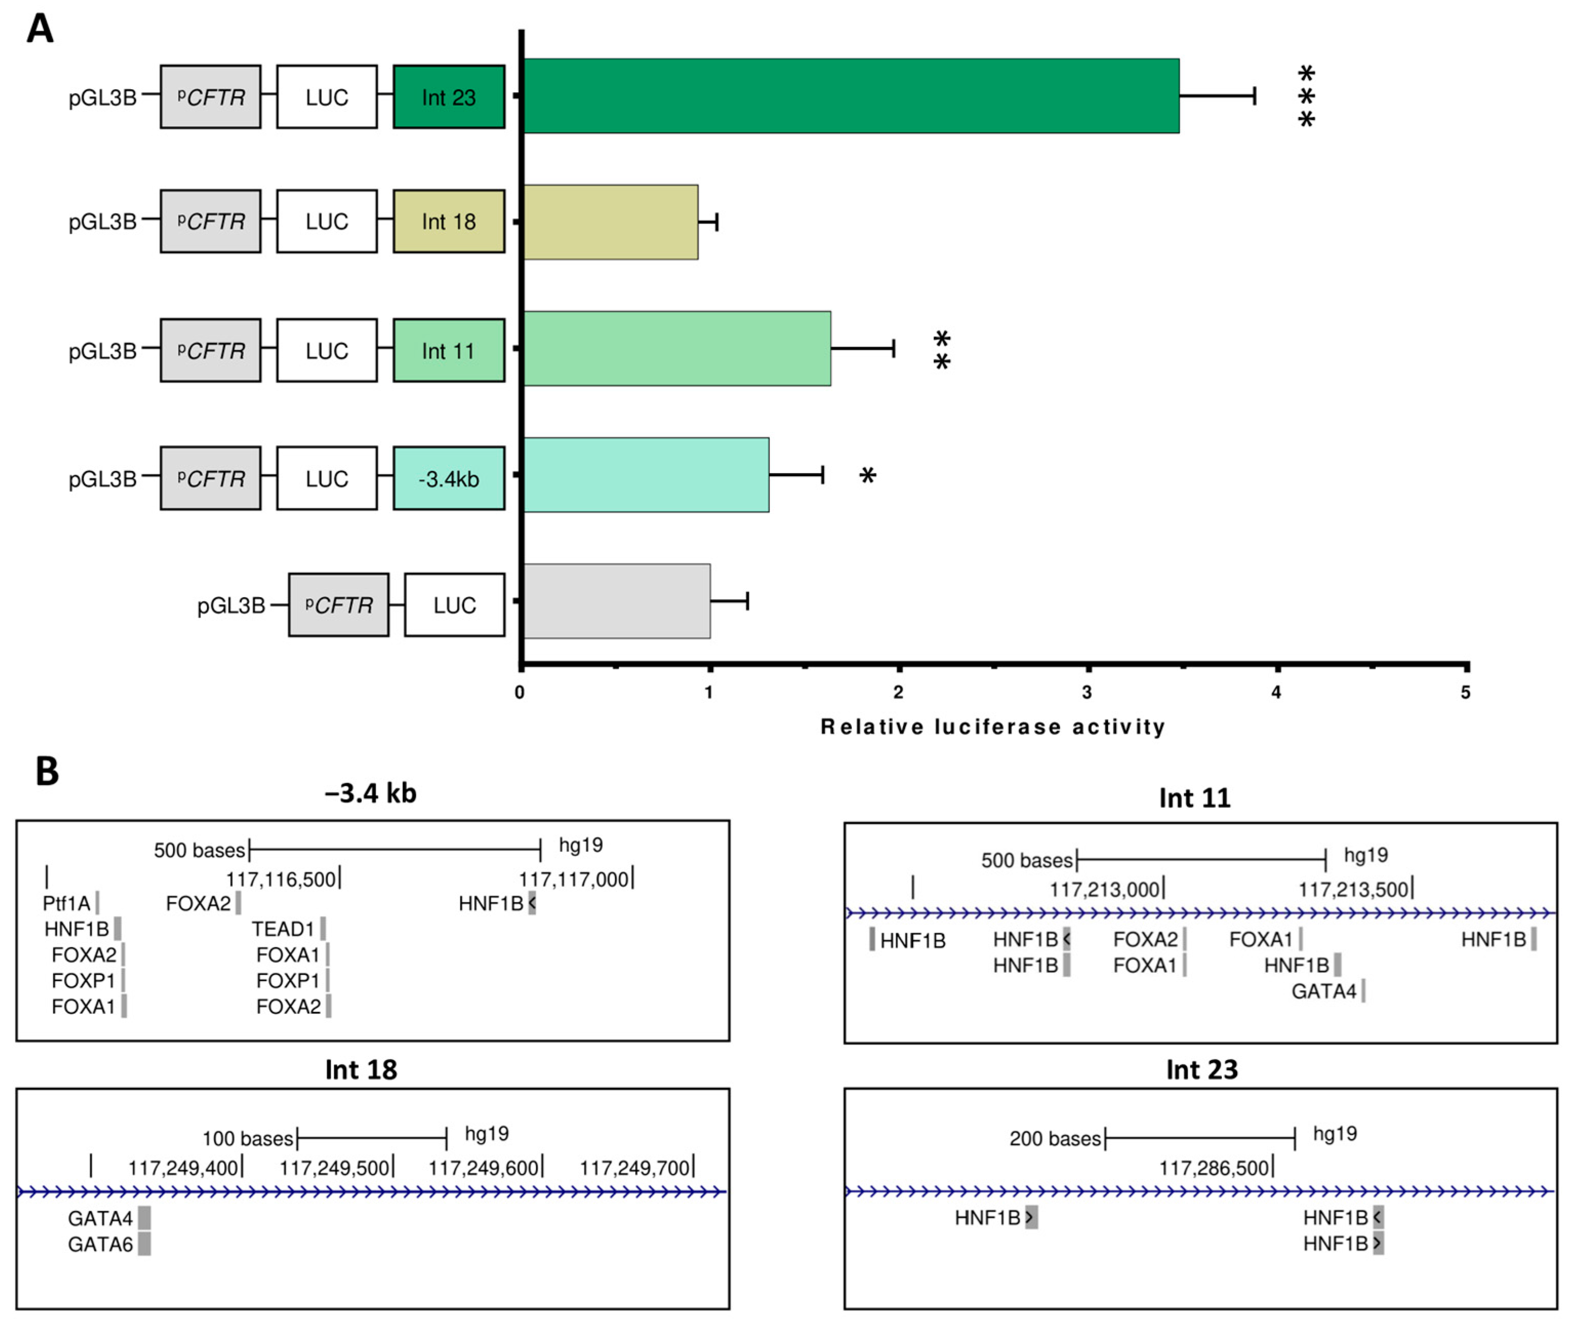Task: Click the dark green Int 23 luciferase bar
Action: coord(850,96)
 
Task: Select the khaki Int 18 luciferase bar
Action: coord(610,222)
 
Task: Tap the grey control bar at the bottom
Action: coord(616,601)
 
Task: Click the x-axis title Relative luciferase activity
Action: coord(992,726)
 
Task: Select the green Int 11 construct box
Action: coord(448,351)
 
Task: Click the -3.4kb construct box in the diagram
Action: coord(448,478)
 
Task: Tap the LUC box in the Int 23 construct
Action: coord(327,97)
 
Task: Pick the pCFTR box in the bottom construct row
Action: coord(338,605)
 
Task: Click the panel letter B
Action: coord(47,771)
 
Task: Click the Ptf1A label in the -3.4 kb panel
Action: coord(66,903)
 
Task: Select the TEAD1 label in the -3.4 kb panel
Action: coord(282,929)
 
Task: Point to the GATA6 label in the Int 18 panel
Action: coord(100,1245)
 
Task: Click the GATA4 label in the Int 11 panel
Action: coord(1323,991)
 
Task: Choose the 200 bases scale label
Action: coord(1054,1138)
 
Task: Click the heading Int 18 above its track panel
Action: coord(361,1070)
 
